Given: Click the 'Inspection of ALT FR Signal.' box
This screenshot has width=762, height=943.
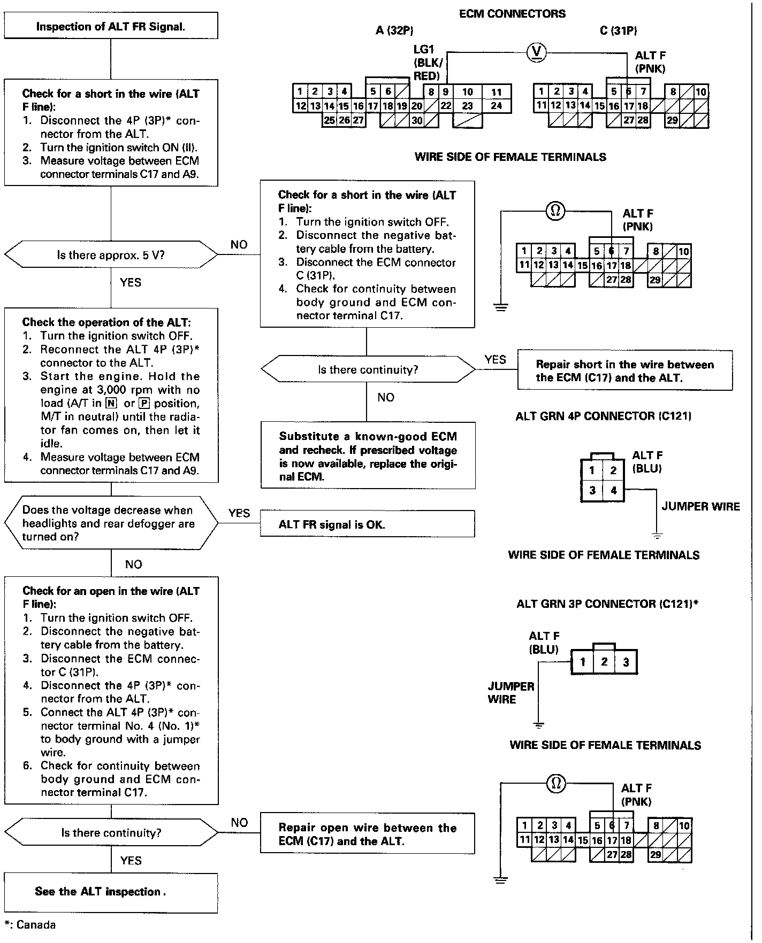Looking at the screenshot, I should tap(111, 26).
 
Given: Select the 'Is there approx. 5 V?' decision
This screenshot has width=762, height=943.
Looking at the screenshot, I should tap(111, 255).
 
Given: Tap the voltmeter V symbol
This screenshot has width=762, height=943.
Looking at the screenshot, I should tap(537, 52).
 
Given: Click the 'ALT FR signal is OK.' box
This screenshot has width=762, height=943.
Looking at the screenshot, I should tap(367, 524).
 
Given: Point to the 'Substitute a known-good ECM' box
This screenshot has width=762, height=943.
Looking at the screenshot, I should tap(368, 455).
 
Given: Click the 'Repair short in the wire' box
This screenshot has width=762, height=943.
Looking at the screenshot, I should tap(624, 370).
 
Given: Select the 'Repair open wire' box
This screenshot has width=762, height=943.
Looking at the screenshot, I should tap(367, 834).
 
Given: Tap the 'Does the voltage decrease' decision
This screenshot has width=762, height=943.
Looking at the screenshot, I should tap(111, 523).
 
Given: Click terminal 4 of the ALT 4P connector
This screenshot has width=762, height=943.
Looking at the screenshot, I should tap(613, 490).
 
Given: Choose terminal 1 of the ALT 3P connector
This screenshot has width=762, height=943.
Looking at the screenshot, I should tap(583, 662).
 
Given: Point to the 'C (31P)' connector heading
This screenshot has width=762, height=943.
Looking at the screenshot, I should tap(619, 30).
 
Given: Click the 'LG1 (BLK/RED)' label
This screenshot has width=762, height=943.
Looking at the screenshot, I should tap(427, 63).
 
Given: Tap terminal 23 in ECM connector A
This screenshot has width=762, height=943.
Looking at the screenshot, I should tap(467, 106).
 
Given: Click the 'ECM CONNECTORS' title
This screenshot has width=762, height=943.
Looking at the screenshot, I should tap(512, 13).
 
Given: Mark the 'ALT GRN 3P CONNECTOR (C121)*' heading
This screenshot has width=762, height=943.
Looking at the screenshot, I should tap(607, 604).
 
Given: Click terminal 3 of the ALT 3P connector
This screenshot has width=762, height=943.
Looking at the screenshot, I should tap(626, 662).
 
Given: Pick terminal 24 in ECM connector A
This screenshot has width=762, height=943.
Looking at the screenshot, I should tap(497, 106).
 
